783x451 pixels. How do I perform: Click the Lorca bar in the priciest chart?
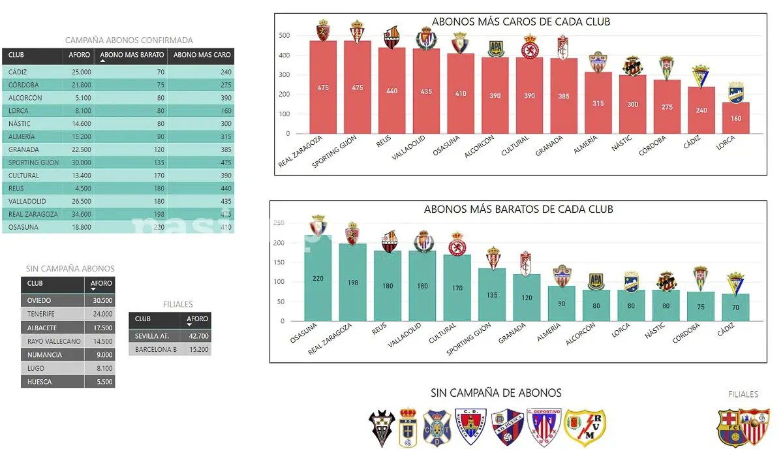click(x=736, y=118)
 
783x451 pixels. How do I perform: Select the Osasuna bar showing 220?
click(x=318, y=278)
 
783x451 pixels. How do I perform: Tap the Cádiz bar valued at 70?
click(x=735, y=307)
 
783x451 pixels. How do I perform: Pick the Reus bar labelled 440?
click(x=391, y=91)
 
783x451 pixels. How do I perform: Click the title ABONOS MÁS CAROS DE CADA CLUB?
click(x=520, y=22)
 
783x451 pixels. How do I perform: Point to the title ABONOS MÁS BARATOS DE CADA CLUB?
click(x=518, y=210)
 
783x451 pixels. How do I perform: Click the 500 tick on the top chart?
click(x=284, y=35)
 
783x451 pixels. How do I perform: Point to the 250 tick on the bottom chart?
click(x=279, y=223)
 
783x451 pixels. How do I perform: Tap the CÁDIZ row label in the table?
click(x=18, y=72)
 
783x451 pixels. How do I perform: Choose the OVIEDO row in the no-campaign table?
click(x=39, y=301)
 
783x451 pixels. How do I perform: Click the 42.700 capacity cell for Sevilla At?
click(x=198, y=336)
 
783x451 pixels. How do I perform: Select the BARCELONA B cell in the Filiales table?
click(x=156, y=350)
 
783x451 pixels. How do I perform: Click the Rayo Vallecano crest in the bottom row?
click(x=584, y=428)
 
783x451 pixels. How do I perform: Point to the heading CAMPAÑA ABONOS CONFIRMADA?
click(x=129, y=40)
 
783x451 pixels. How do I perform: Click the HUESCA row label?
click(x=39, y=382)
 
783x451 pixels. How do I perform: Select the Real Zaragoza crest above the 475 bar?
click(x=322, y=30)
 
